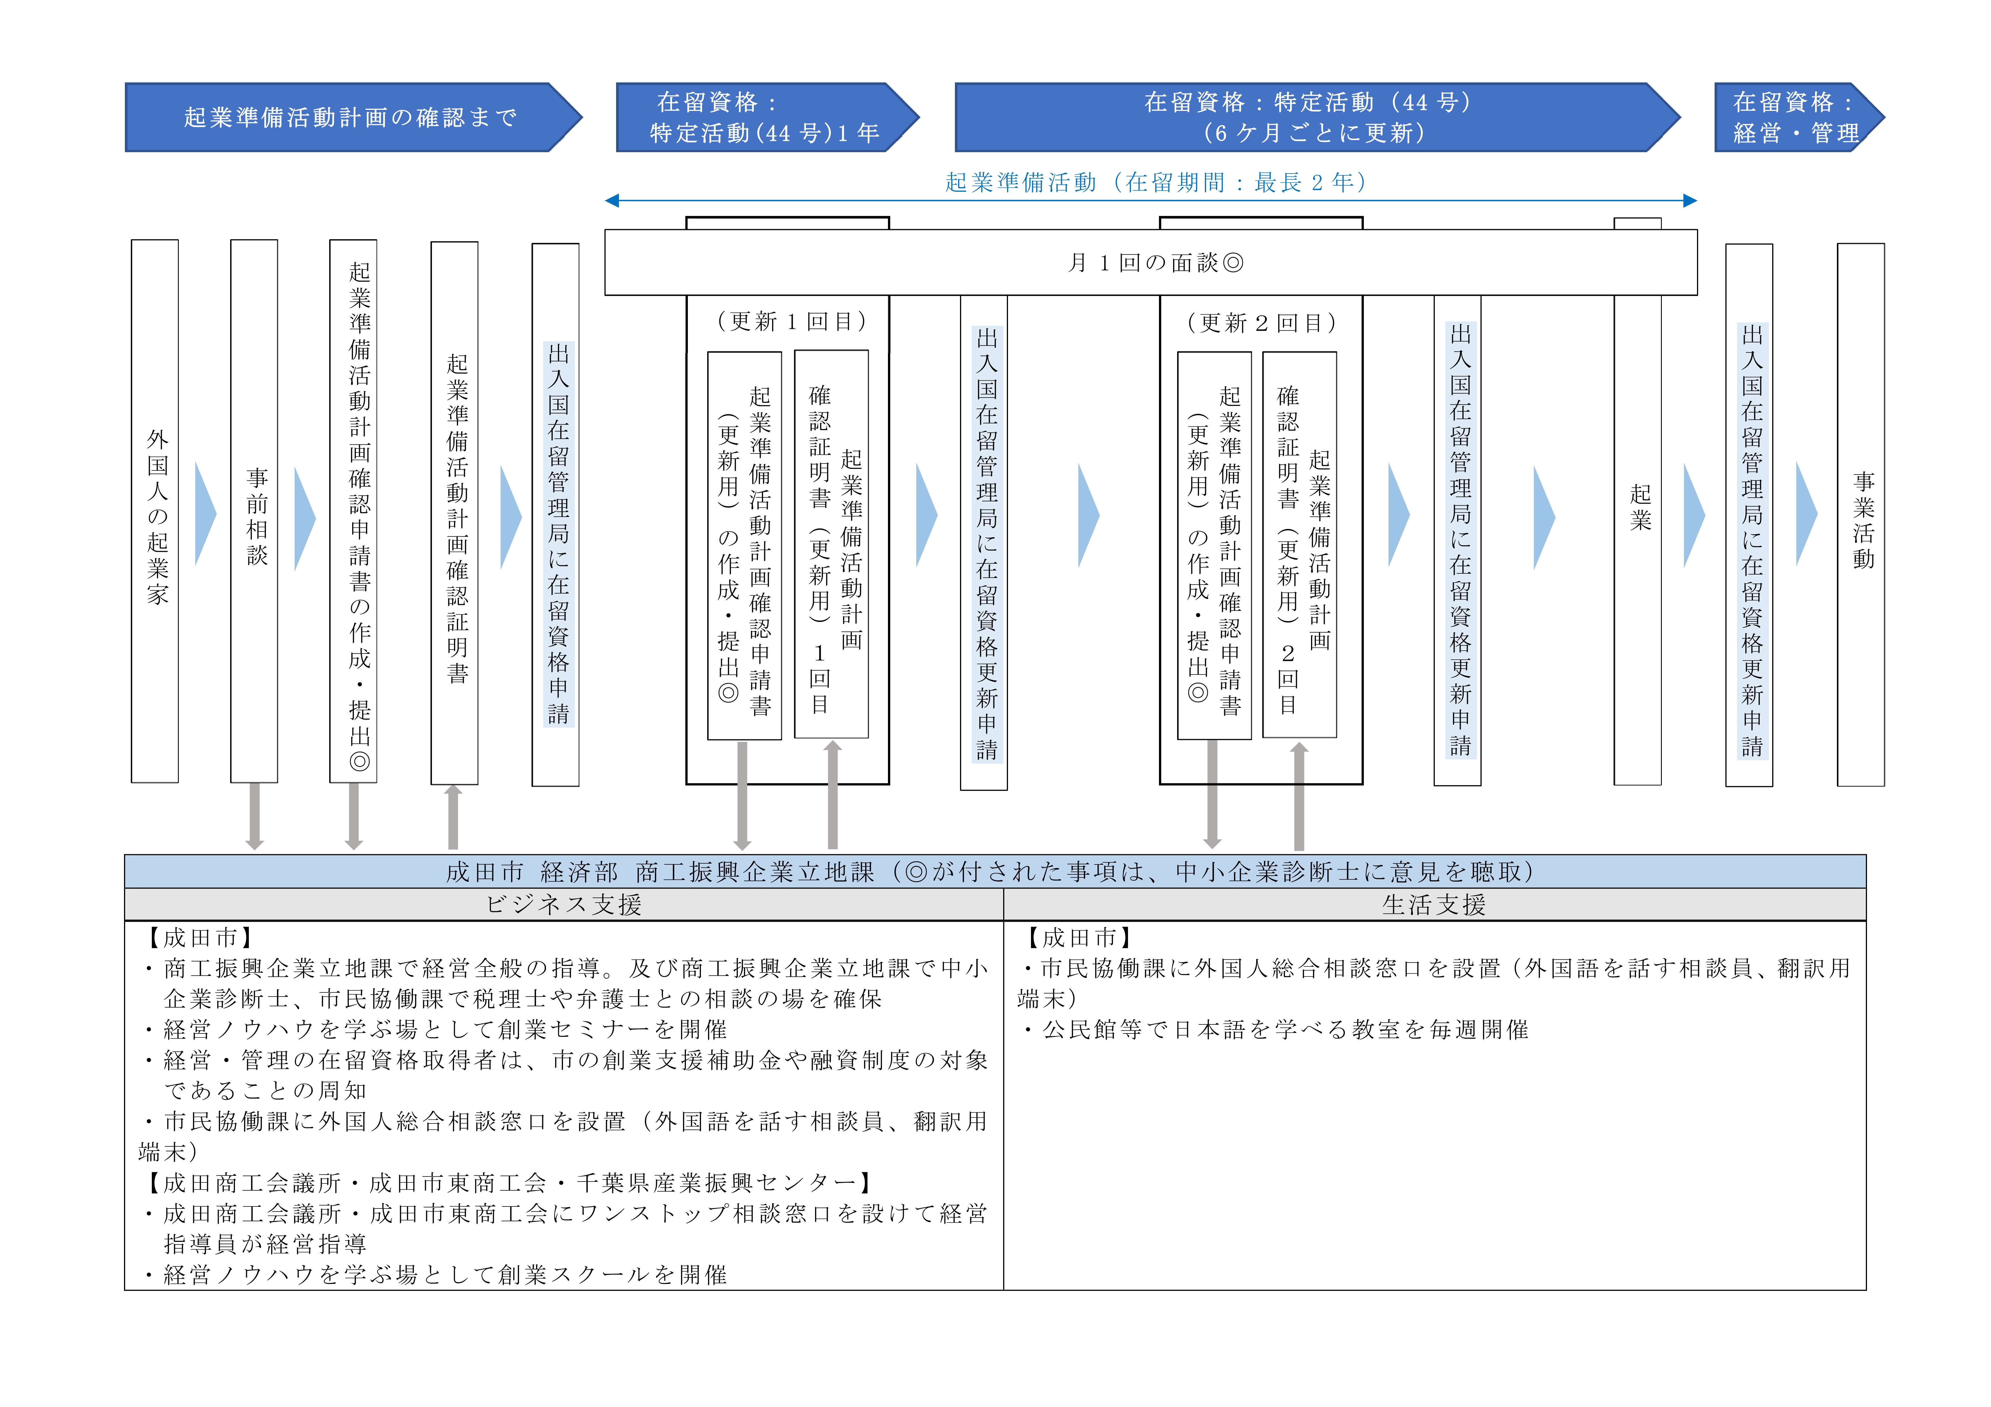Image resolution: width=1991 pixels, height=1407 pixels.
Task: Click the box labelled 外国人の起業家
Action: pyautogui.click(x=155, y=511)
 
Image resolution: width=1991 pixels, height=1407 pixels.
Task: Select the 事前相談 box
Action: pyautogui.click(x=254, y=511)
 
